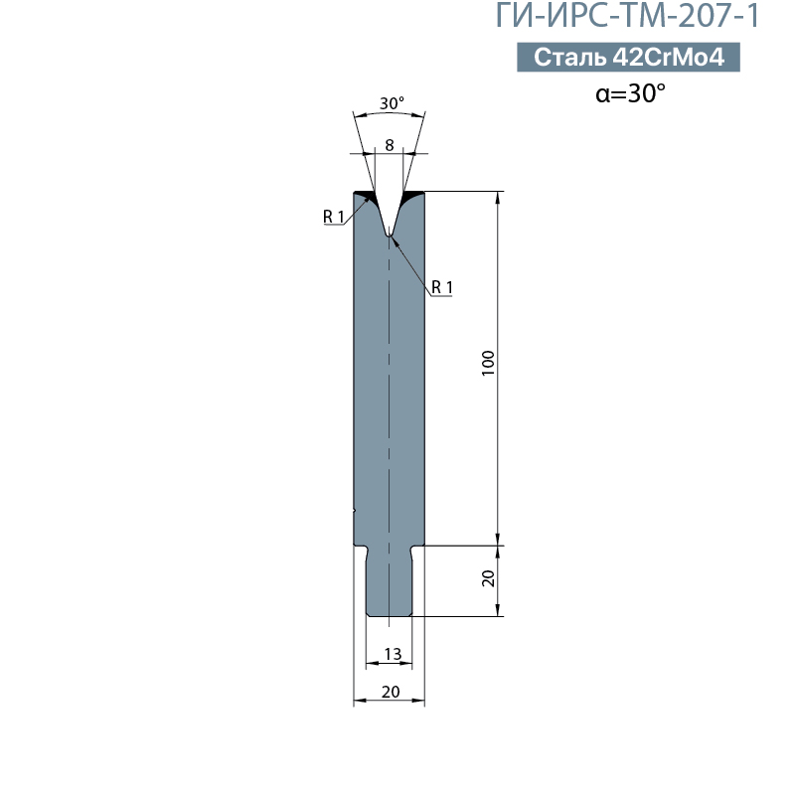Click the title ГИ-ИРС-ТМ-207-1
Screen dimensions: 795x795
pyautogui.click(x=627, y=15)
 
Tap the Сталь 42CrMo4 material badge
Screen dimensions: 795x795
pyautogui.click(x=628, y=57)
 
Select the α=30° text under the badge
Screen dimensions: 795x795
pyautogui.click(x=630, y=92)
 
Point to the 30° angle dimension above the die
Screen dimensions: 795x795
pyautogui.click(x=392, y=103)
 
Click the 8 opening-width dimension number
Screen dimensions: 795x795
pyautogui.click(x=390, y=145)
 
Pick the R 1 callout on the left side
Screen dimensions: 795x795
pyautogui.click(x=334, y=217)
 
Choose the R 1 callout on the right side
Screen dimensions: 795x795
pyautogui.click(x=442, y=287)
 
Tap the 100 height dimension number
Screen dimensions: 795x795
pyautogui.click(x=488, y=363)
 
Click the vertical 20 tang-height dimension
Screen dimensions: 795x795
pyautogui.click(x=488, y=578)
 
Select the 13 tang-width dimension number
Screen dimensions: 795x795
pyautogui.click(x=393, y=654)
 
